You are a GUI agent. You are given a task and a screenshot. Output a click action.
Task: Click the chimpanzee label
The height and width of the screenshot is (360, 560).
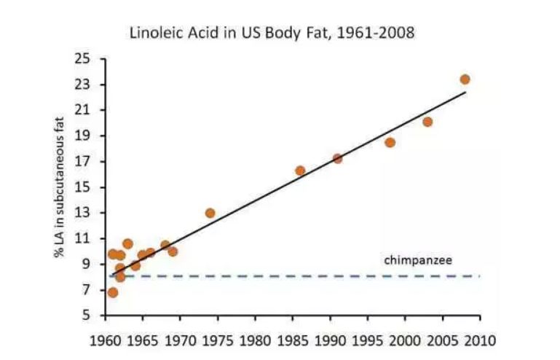click(413, 259)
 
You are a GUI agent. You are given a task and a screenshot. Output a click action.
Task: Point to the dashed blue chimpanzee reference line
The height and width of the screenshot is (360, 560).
click(291, 276)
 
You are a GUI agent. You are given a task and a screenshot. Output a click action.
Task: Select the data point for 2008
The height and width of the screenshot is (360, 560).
click(465, 79)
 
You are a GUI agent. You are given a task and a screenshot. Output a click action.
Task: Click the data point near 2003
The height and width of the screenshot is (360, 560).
click(427, 122)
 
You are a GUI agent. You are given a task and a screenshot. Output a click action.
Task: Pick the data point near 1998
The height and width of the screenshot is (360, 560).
click(390, 142)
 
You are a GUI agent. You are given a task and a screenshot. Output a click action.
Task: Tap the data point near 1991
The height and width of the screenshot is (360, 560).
click(337, 158)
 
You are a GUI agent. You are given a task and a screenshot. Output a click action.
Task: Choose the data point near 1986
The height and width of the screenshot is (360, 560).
click(300, 171)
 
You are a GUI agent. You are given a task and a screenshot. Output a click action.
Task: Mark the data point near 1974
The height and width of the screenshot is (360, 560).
click(210, 213)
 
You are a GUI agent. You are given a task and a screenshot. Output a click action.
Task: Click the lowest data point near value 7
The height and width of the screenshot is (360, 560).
click(112, 292)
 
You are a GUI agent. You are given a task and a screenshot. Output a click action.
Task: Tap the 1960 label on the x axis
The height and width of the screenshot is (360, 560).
click(105, 340)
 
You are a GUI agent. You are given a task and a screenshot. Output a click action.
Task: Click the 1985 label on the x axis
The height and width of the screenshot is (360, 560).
click(292, 340)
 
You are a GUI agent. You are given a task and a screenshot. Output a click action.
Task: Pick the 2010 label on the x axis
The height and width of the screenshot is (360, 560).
click(479, 340)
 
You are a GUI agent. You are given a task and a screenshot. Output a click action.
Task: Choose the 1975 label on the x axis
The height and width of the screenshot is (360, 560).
click(217, 340)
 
